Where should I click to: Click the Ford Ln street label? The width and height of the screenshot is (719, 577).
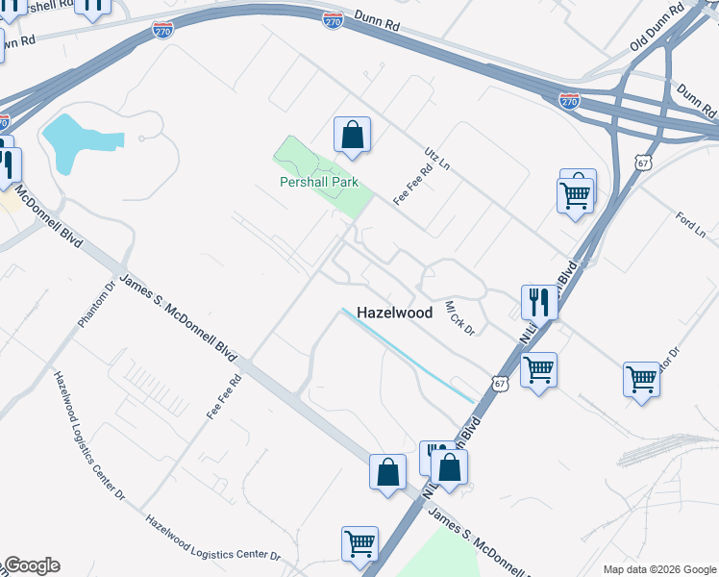pos(691,226)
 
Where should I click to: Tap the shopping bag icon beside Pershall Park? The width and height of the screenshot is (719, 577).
pos(352,135)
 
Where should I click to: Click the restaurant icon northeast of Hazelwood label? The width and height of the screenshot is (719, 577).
pos(539,302)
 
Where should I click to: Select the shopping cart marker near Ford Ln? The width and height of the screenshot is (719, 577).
pos(575,195)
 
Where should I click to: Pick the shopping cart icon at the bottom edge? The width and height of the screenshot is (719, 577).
pos(359,543)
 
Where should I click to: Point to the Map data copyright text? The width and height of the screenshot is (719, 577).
pos(659,569)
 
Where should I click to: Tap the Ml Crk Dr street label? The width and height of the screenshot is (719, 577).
pos(459,318)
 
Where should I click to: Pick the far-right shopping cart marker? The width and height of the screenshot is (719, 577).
pos(641,378)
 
